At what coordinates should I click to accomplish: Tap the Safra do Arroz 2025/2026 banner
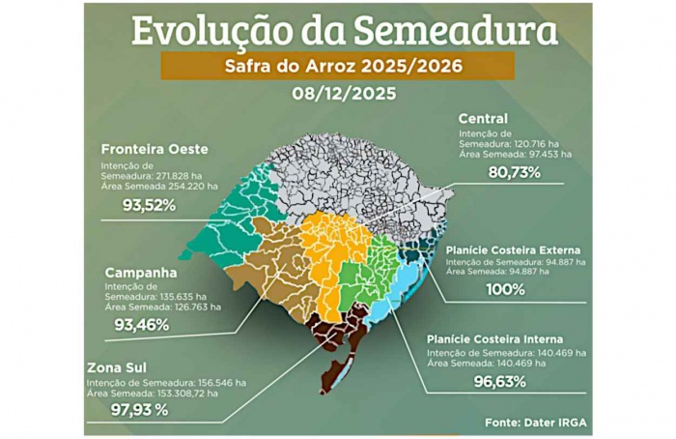click(x=337, y=67)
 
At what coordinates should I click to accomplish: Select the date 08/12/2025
click(x=337, y=97)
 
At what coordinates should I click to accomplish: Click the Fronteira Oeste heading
click(x=155, y=149)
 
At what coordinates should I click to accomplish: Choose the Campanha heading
click(x=141, y=272)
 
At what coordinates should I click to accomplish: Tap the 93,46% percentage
click(x=142, y=325)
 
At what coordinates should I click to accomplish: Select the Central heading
click(x=483, y=118)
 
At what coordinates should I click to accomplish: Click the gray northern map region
click(x=357, y=174)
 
